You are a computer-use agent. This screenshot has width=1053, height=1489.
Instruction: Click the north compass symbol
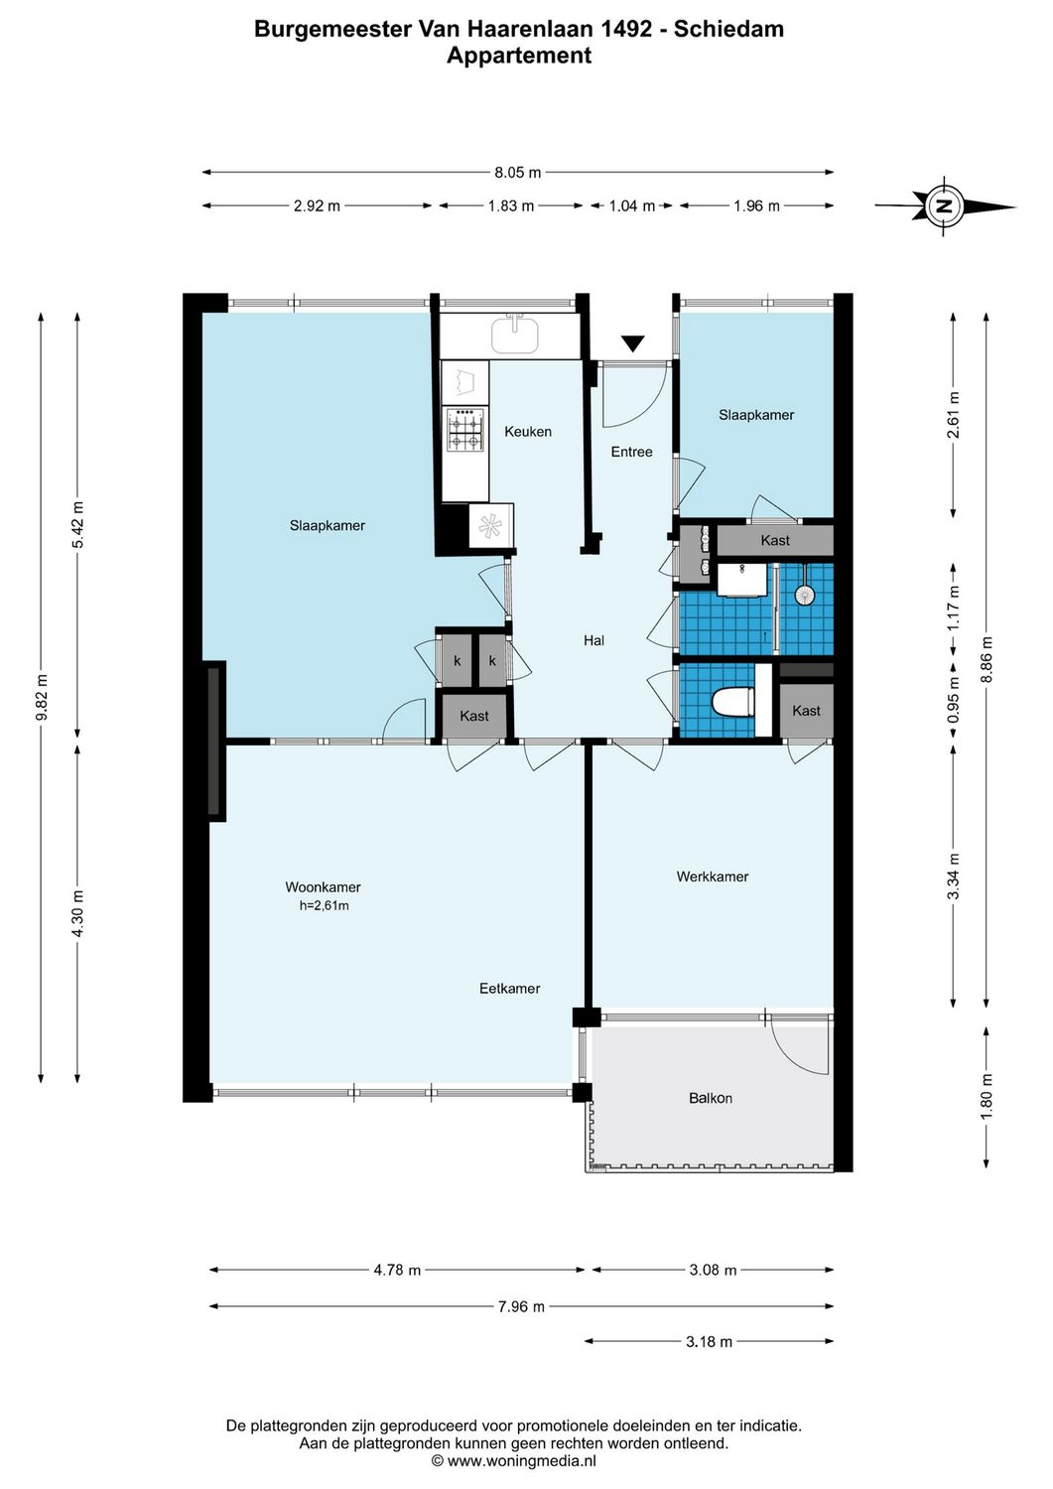(945, 206)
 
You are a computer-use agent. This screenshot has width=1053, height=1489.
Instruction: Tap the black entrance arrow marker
(633, 343)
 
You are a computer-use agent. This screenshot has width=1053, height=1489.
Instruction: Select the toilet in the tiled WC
(733, 701)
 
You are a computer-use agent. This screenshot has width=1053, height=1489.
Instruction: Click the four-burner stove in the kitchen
(466, 430)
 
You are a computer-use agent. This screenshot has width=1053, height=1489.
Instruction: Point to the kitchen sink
(515, 335)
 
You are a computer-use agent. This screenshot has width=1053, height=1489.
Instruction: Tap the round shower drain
(804, 595)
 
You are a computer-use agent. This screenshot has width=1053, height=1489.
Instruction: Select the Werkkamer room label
(713, 877)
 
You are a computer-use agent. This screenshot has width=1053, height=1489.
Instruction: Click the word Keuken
(528, 432)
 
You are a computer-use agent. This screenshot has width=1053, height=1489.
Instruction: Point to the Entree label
(631, 452)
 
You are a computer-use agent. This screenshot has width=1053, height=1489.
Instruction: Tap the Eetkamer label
(510, 989)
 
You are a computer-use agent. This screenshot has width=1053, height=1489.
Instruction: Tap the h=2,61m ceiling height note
(324, 905)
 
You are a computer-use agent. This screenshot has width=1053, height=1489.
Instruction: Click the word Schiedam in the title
(728, 29)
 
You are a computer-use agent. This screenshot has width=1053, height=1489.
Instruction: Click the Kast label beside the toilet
(806, 711)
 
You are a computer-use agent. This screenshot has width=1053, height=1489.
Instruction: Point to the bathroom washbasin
(742, 580)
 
